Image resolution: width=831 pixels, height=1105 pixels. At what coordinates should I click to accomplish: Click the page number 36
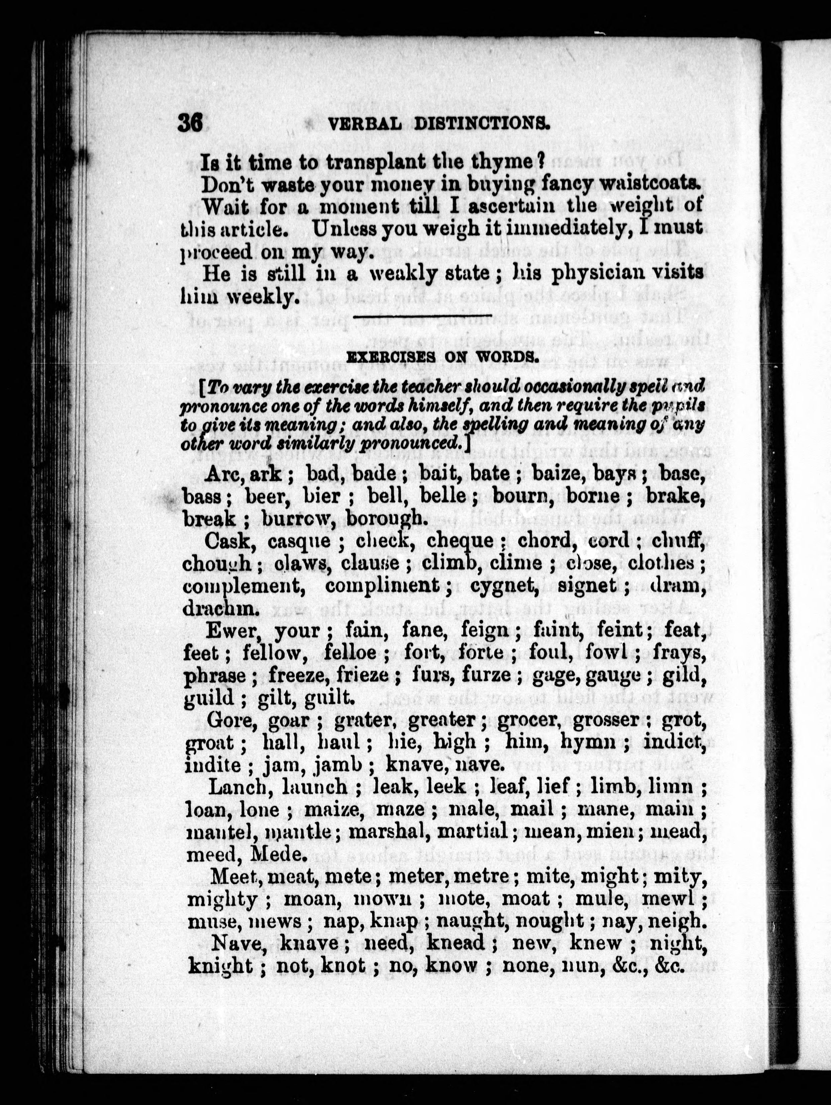(190, 122)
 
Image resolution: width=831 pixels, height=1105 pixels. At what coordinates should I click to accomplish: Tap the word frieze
(363, 675)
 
